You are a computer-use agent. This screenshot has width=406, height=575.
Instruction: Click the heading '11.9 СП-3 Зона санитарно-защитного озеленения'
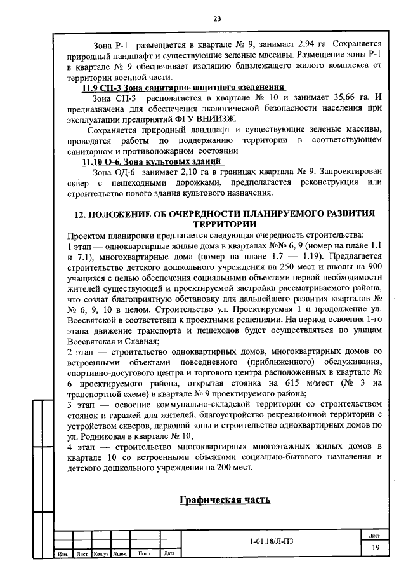[x=183, y=87]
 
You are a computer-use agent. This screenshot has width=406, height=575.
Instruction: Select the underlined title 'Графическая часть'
[x=225, y=499]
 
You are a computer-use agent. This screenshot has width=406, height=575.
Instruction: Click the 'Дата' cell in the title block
[x=169, y=553]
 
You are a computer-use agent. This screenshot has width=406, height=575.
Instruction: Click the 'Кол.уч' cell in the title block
[x=101, y=553]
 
